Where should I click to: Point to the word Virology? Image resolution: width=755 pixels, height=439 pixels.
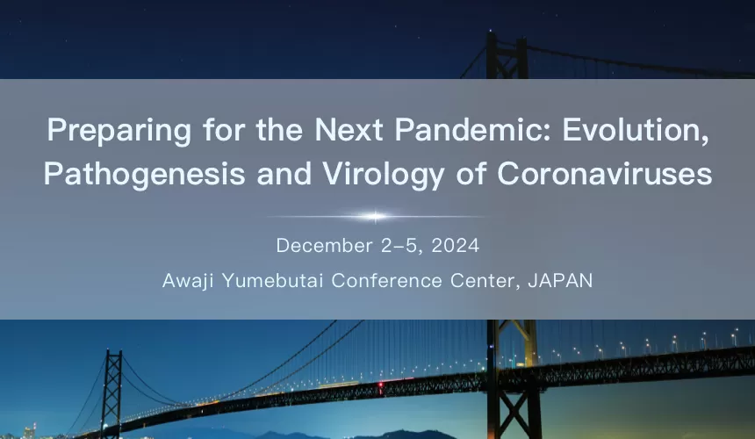[369, 174]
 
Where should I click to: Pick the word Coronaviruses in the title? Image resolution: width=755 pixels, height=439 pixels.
[604, 174]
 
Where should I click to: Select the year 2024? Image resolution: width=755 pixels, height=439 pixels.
[456, 245]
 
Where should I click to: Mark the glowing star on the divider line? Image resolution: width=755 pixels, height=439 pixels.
[376, 216]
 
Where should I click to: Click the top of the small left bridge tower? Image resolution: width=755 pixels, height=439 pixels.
[111, 354]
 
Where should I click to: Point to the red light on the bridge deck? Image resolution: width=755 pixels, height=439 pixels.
[379, 385]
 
